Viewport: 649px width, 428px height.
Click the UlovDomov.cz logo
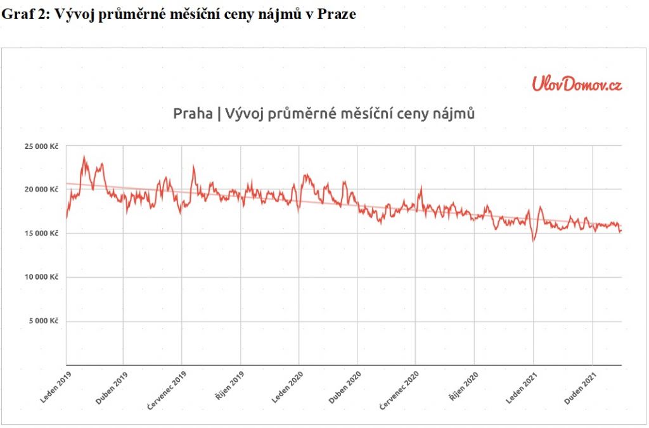(x=577, y=83)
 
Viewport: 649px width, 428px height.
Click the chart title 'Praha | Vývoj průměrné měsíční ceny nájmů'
(x=324, y=114)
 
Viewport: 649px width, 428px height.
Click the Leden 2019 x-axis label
(x=55, y=389)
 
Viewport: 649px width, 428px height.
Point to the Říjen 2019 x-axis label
(x=229, y=389)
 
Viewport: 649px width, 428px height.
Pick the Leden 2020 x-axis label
(x=286, y=389)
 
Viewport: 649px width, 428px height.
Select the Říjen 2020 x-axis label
(x=462, y=389)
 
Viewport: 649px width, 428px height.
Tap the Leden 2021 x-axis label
(x=520, y=389)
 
